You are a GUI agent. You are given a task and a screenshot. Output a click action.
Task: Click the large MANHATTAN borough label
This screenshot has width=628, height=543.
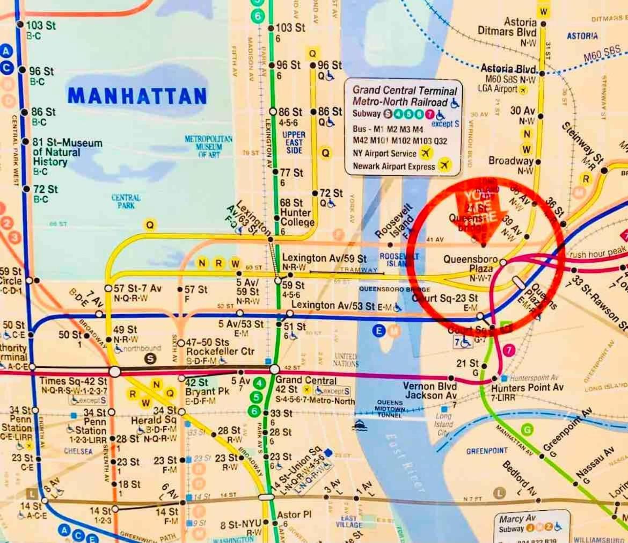137,96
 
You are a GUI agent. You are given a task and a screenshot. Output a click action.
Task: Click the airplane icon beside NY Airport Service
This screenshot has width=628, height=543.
426,153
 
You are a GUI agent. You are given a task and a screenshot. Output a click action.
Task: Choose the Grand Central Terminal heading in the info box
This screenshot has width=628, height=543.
405,91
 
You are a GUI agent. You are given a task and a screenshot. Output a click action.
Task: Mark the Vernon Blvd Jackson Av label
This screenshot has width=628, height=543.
430,390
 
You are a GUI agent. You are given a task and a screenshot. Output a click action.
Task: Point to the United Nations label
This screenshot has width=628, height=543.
346,360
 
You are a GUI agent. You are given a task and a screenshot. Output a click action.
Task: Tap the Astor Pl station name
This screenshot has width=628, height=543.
294,515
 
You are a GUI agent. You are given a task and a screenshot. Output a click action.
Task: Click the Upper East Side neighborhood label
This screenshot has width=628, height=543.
293,142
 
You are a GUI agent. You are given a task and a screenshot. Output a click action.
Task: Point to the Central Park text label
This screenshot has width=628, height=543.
126,201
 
